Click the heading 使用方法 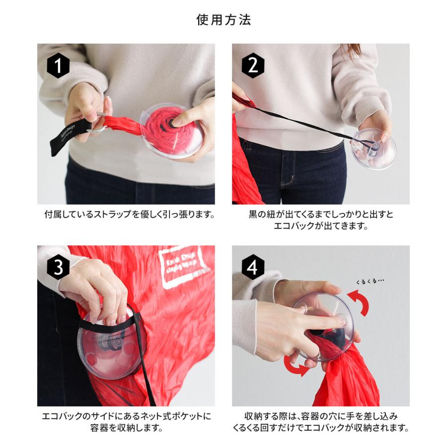point(223,20)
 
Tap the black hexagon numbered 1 point(58,66)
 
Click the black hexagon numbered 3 point(58,268)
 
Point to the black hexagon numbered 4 point(253,268)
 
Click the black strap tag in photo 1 point(70,137)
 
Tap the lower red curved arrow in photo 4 point(296,368)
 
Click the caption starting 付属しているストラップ point(129,215)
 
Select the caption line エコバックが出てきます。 point(320,226)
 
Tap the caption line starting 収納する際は point(321,416)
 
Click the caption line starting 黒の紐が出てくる point(321,215)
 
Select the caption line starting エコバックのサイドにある point(126,416)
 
